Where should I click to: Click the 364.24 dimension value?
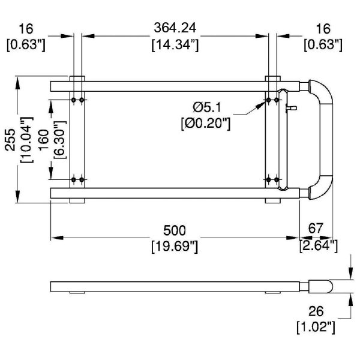coord(175,28)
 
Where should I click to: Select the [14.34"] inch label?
coord(175,44)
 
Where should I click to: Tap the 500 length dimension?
coord(175,230)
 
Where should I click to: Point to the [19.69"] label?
coord(175,245)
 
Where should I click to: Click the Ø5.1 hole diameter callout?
coord(208,107)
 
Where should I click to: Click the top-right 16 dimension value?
coord(325,28)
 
